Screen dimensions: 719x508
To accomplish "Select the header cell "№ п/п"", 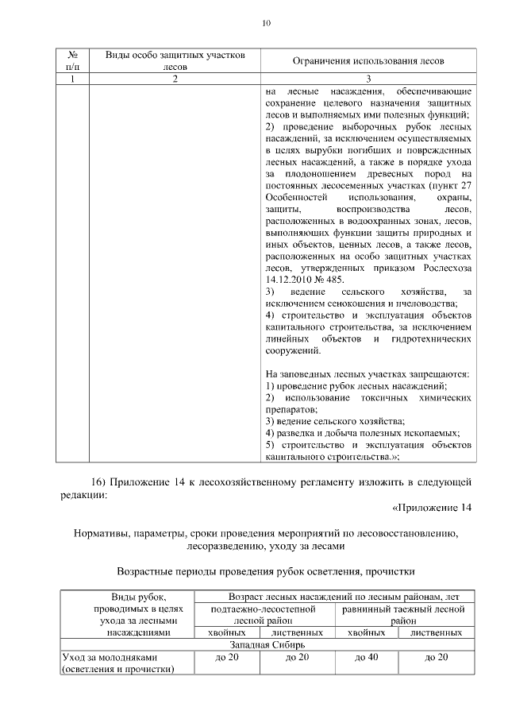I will click(72, 61).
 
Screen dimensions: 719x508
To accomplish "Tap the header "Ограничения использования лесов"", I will click(368, 61).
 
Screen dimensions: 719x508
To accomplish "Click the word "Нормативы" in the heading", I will click(106, 534).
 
